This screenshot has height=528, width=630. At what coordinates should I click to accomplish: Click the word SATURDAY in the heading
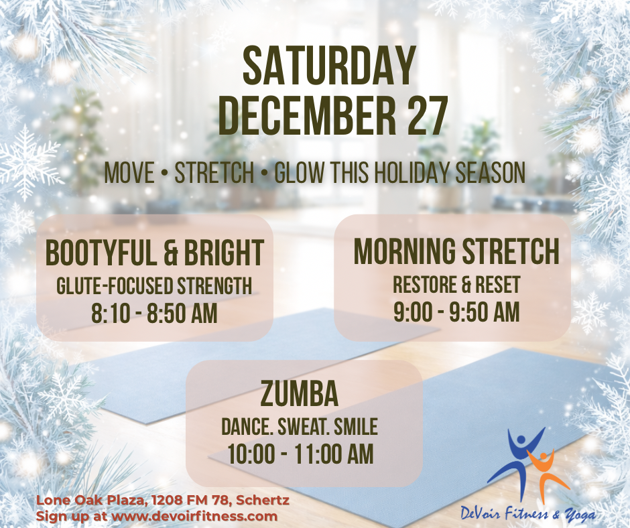(328, 66)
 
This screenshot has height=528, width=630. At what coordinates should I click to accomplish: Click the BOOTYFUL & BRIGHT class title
(155, 253)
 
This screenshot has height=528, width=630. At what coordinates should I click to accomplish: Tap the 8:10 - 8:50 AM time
(155, 313)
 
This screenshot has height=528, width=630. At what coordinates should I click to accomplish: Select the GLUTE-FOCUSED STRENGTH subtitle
(155, 285)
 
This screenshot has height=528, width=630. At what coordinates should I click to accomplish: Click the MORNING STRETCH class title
(456, 251)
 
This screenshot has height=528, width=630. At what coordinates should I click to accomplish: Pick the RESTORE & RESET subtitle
(456, 284)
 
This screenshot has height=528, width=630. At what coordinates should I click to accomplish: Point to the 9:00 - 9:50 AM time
(456, 312)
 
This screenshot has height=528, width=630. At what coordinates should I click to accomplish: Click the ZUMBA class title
(300, 394)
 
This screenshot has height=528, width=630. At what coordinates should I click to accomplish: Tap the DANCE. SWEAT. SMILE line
(300, 427)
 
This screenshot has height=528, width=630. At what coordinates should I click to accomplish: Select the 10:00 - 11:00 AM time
(300, 454)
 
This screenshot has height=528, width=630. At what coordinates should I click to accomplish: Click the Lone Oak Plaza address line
(163, 501)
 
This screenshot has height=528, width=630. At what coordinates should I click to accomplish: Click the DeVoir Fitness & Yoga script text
(528, 513)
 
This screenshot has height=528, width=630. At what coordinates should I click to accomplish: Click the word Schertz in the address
(262, 501)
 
